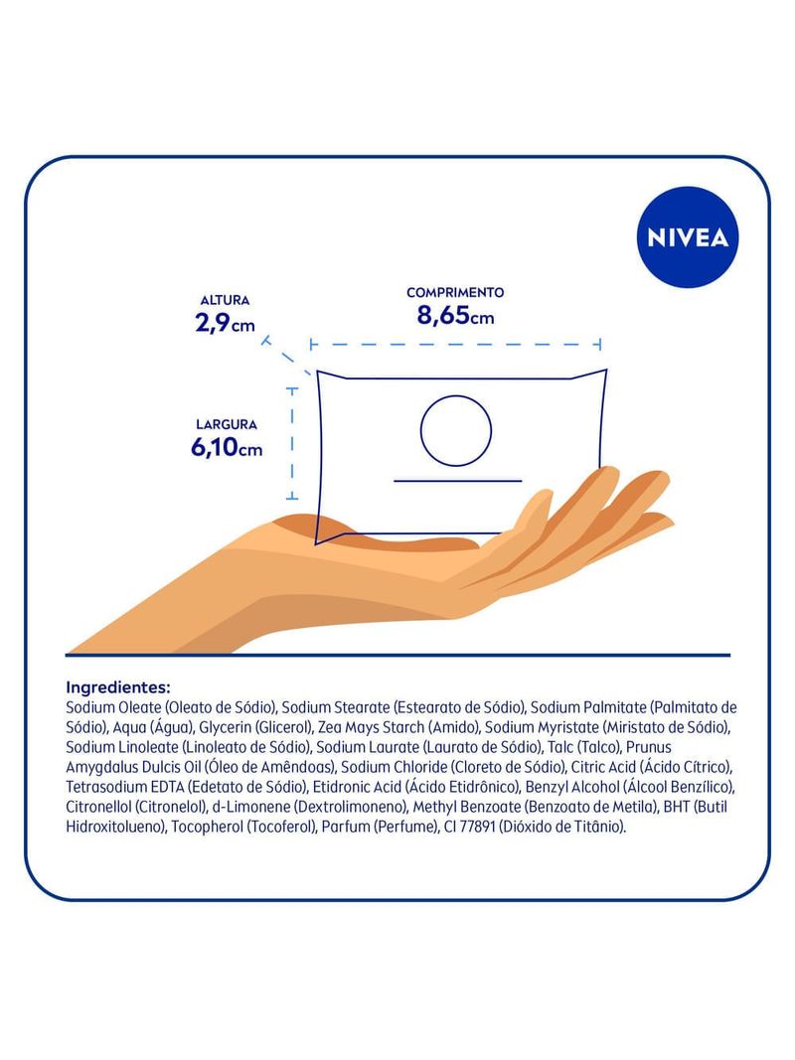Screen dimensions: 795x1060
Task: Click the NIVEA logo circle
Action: tap(688, 237)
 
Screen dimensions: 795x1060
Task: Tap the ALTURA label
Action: tap(226, 300)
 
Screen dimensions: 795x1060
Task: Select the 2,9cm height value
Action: tap(226, 323)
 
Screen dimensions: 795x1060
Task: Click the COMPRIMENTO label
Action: tap(455, 293)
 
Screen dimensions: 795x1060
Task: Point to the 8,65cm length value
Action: tap(455, 316)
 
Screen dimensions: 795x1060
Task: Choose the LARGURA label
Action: tap(227, 424)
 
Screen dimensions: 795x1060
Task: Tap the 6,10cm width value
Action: tap(227, 447)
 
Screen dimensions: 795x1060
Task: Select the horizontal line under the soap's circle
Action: tap(458, 481)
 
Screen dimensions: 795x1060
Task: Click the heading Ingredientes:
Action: tap(118, 688)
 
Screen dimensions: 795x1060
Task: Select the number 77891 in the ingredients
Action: tap(477, 827)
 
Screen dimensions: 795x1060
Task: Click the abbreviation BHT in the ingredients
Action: tap(677, 807)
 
